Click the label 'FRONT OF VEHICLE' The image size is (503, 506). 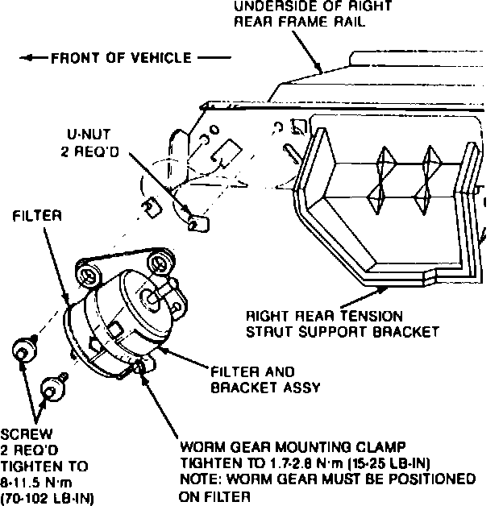pos(121,58)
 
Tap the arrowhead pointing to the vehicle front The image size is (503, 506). pos(27,58)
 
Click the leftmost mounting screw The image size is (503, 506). pos(23,350)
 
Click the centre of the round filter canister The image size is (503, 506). pos(129,314)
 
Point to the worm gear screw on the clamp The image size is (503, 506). pos(143,367)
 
